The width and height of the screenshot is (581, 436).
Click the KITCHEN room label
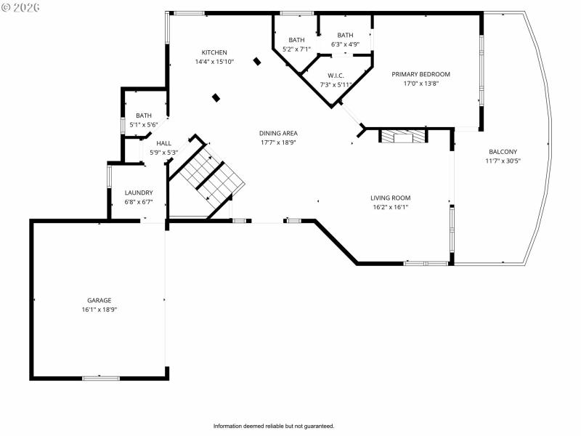[x=214, y=52]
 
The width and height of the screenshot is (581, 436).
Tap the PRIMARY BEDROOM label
[x=420, y=74]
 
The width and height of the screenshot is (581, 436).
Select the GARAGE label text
[x=99, y=300]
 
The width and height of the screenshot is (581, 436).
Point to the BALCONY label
[x=503, y=151]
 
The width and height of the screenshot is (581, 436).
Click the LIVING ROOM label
[x=391, y=198]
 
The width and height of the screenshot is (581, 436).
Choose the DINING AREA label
[x=279, y=133]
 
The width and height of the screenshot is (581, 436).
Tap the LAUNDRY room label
[x=138, y=193]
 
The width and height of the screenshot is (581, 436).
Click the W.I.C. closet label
[x=336, y=76]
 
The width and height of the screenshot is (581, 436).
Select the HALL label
[x=164, y=143]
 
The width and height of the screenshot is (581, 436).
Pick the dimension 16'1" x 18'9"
[x=99, y=310]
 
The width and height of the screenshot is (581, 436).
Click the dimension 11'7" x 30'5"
[x=503, y=161]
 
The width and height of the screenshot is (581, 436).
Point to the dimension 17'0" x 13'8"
[x=420, y=84]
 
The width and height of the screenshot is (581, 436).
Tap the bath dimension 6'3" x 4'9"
[x=345, y=44]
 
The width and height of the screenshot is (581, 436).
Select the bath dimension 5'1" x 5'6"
[x=144, y=125]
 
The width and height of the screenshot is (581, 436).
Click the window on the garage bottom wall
[x=100, y=378]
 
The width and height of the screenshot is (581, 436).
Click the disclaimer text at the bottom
[x=274, y=426]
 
